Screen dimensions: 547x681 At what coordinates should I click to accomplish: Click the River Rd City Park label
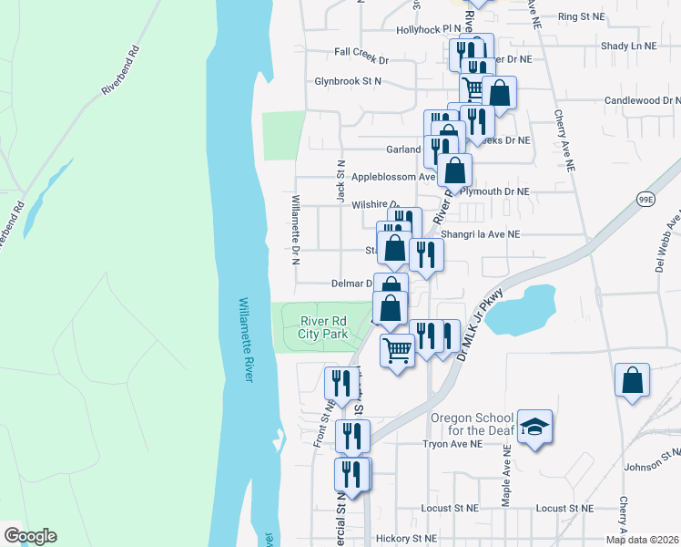(324, 326)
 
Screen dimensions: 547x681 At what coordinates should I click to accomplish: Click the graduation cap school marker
(535, 426)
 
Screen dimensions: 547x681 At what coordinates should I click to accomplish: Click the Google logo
(30, 536)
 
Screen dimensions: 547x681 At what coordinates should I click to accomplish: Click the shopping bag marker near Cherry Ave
(632, 380)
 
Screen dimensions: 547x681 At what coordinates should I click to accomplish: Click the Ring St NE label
(581, 16)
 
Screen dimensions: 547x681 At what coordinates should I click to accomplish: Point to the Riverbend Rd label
(119, 71)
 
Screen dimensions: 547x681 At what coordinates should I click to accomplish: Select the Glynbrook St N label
(348, 81)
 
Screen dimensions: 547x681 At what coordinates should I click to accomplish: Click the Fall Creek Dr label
(361, 59)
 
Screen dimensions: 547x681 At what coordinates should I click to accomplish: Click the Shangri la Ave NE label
(480, 233)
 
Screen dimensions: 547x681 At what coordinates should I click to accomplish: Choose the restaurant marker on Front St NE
(340, 382)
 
